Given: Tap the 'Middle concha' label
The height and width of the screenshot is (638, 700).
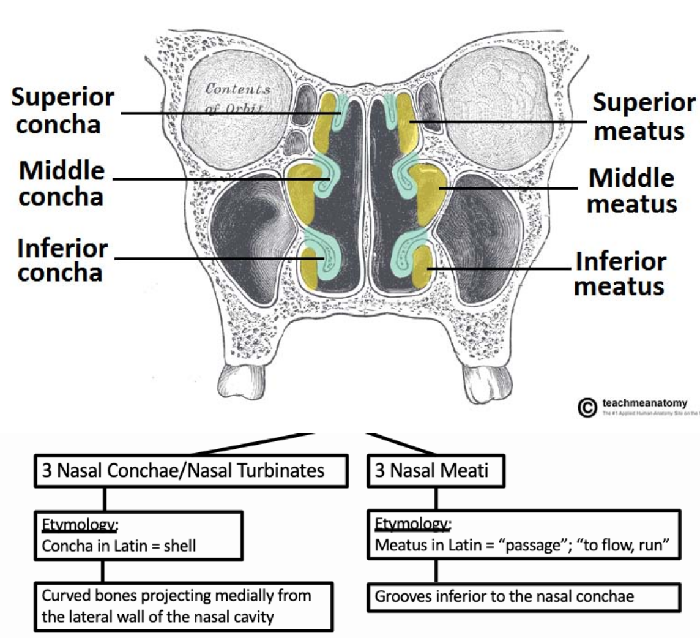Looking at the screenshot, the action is pos(61,183).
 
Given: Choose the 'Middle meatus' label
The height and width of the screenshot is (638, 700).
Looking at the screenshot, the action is pos(632,190).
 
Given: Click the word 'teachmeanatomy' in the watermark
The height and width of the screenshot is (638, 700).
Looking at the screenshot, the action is pos(644,403).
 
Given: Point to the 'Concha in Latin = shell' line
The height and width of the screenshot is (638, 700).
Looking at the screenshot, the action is pos(119,546).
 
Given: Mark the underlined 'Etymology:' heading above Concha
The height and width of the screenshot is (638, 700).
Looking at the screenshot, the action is pos(70,524).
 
